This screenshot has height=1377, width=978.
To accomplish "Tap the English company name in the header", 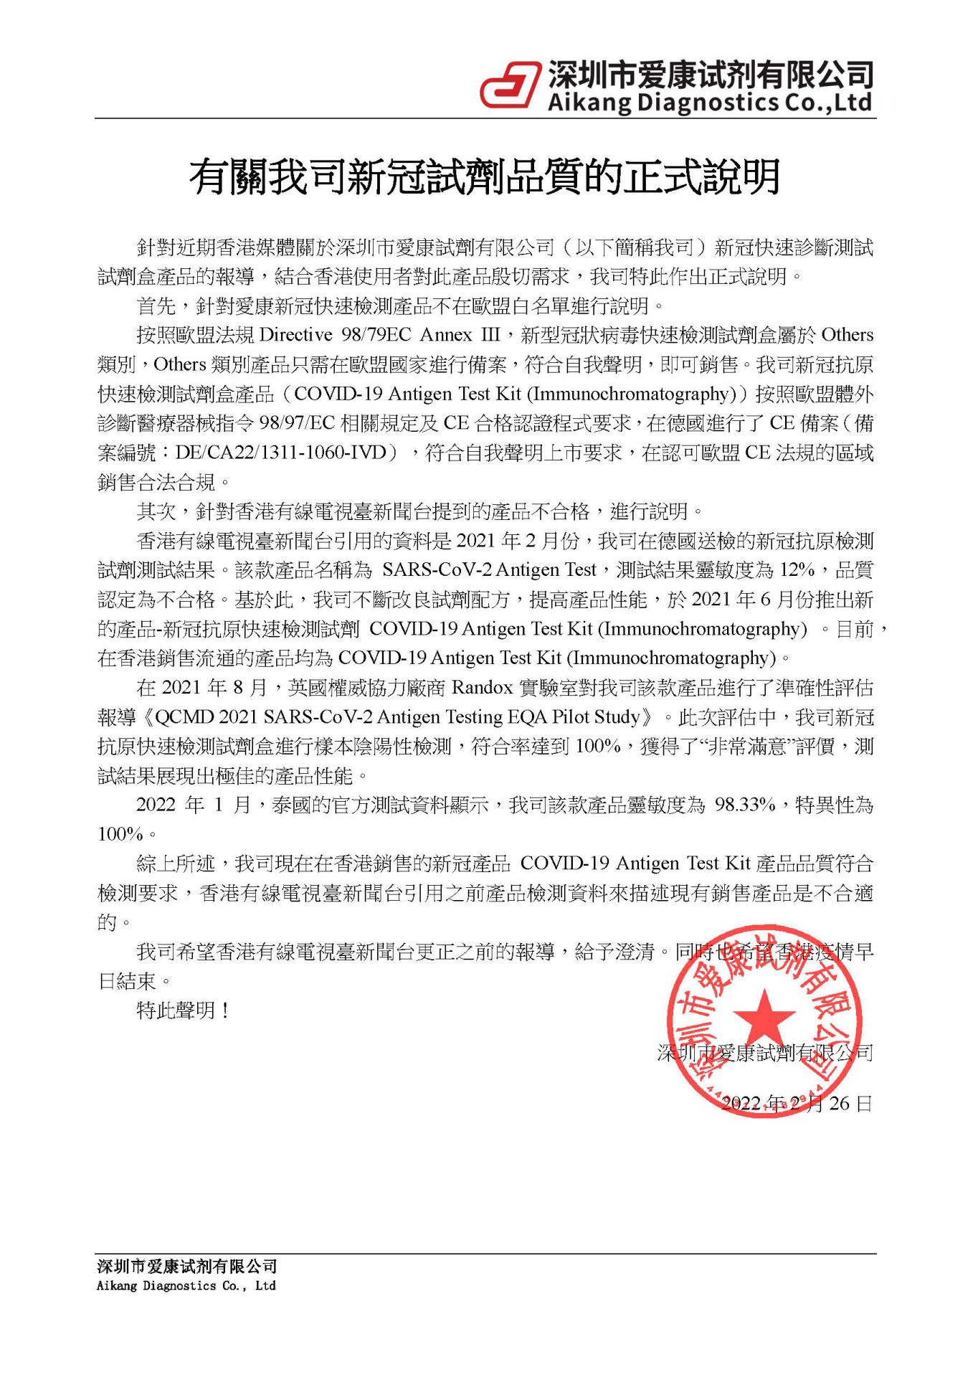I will (710, 103).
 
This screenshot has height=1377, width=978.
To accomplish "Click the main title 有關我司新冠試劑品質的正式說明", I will (485, 177).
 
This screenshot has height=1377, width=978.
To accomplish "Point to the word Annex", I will (446, 335).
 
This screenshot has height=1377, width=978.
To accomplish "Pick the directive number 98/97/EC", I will (297, 423).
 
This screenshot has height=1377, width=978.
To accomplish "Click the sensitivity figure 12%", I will (797, 569).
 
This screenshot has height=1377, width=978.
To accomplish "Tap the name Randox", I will (482, 688).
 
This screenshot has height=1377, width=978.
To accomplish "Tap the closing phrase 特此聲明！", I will (183, 1011).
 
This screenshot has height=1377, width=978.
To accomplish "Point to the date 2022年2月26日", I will (796, 1103).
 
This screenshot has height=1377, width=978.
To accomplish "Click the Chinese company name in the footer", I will (186, 1267).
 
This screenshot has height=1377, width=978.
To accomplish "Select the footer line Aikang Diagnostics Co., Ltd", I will (186, 1286).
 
